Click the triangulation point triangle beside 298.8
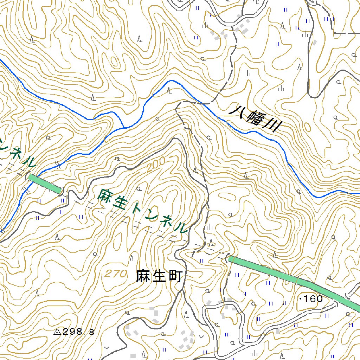click(57, 331)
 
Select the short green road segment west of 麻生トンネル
click(45, 183)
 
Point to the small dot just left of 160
click(301, 299)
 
